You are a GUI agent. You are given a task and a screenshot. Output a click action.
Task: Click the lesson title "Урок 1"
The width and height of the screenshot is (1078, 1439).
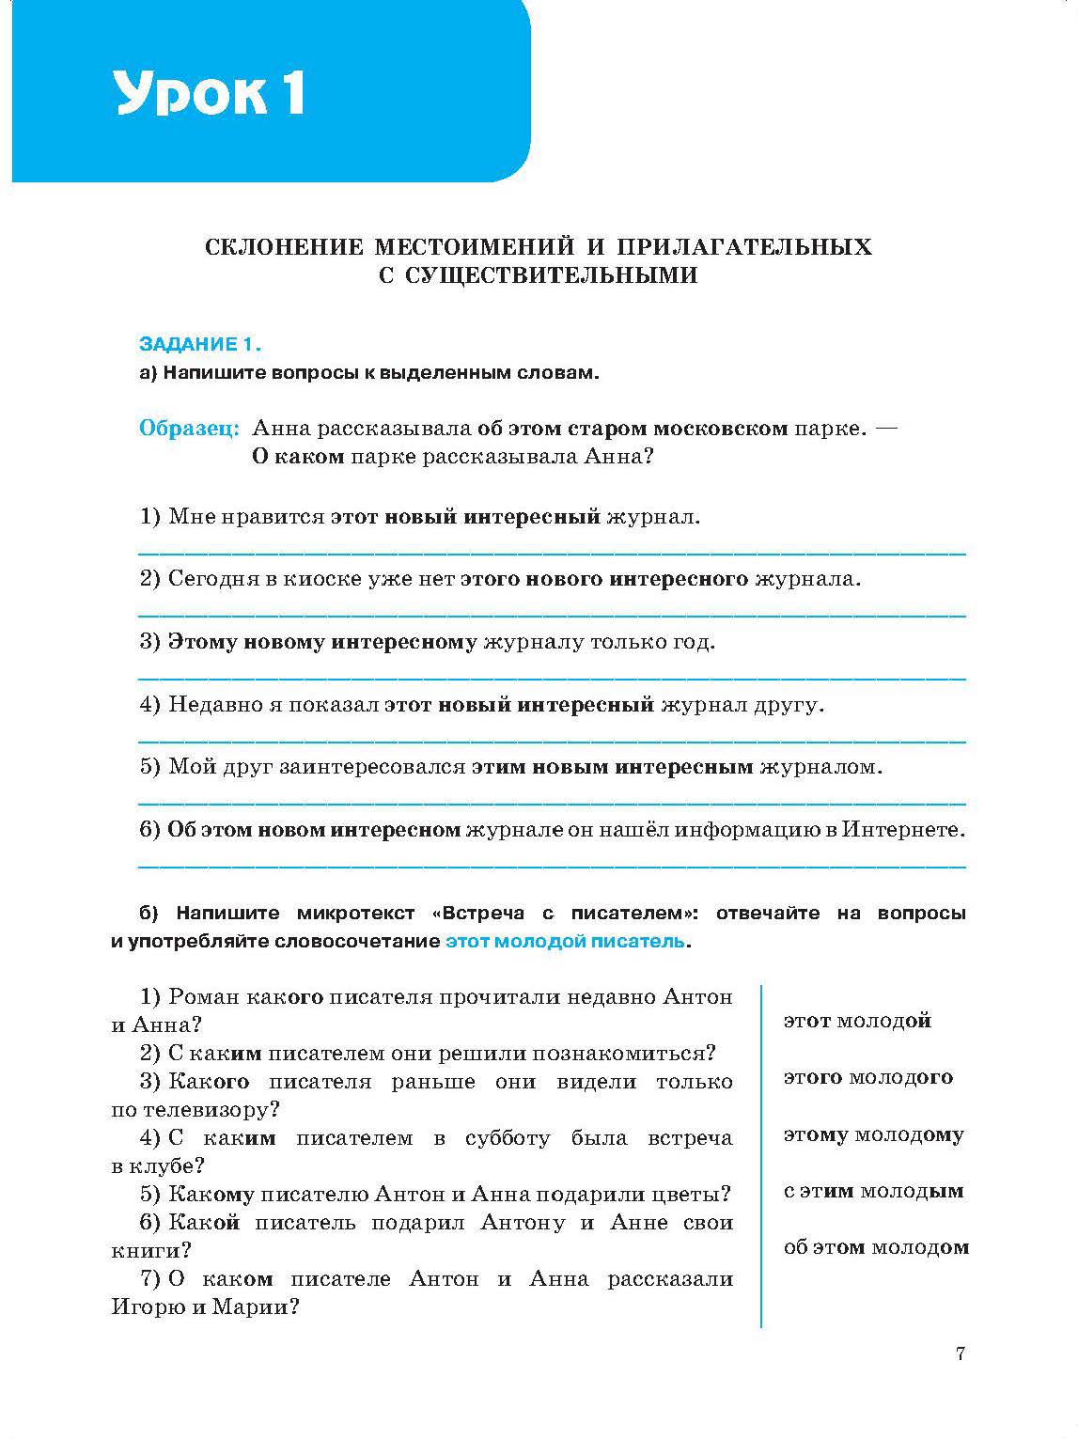(209, 92)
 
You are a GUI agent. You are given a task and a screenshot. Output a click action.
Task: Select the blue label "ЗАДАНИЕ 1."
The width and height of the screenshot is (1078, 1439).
(199, 344)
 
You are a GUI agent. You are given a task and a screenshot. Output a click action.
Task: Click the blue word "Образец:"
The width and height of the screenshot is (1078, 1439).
(190, 429)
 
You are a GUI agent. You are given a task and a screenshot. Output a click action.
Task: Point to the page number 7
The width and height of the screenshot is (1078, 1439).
(960, 1353)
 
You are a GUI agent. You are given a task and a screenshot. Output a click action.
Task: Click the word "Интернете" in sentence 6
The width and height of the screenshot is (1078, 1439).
(903, 830)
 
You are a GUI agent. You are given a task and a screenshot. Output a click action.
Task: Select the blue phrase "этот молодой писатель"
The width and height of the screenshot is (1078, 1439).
(565, 941)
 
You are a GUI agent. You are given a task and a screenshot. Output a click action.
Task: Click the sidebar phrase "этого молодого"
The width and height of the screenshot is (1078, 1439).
(867, 1078)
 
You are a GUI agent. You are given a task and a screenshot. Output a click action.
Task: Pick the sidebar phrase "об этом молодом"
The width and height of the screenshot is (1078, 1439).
(876, 1247)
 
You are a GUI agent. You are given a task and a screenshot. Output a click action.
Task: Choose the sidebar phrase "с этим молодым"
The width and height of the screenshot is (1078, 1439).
(873, 1191)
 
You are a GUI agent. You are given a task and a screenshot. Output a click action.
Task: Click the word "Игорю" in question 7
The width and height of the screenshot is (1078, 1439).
(148, 1307)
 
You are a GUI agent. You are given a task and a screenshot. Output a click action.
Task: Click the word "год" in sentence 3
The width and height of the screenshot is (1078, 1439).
(694, 642)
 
